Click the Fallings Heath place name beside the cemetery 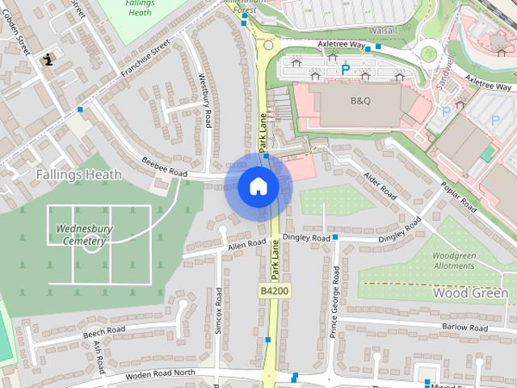point(78,174)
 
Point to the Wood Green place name point(471,293)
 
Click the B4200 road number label point(273,289)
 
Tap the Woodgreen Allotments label point(454,260)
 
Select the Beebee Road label point(165,168)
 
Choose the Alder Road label point(379,186)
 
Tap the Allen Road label point(246,244)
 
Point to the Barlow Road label point(464,328)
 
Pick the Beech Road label point(104,331)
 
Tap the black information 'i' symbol point(49,58)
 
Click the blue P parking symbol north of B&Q point(346,70)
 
